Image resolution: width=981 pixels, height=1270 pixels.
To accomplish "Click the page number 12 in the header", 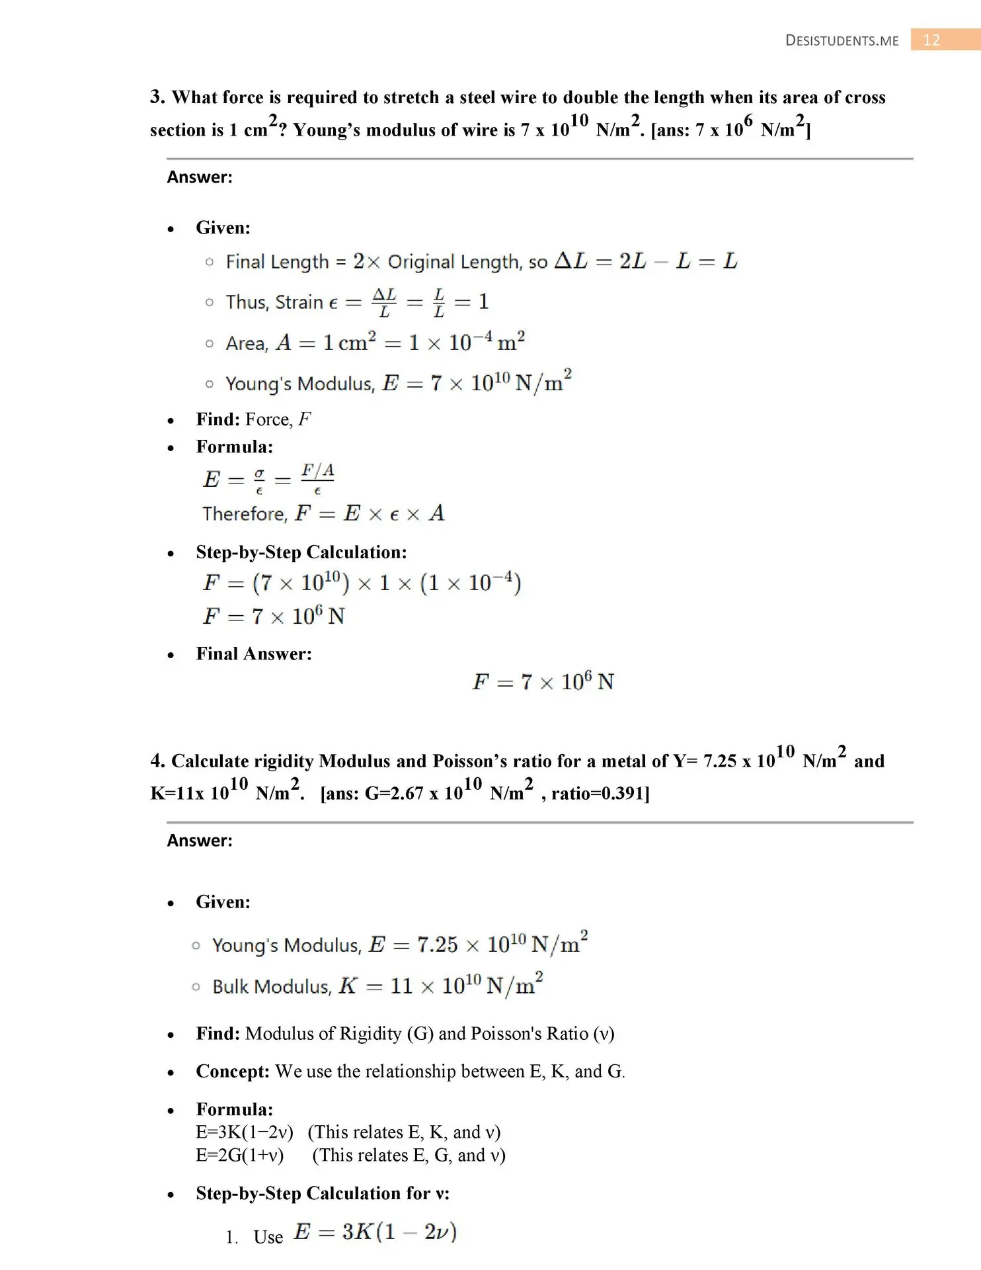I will [x=931, y=40].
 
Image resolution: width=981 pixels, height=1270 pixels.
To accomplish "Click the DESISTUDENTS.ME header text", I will [x=842, y=41].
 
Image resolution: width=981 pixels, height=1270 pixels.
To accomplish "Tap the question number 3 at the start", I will [x=157, y=97].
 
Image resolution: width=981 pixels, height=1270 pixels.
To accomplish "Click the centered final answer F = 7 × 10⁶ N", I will [x=543, y=681].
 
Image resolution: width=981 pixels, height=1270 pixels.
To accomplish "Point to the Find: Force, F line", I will [x=253, y=419].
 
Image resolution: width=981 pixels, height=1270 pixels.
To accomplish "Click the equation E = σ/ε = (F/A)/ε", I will [x=268, y=478].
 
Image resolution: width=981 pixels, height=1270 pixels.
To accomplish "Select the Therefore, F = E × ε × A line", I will [x=323, y=513].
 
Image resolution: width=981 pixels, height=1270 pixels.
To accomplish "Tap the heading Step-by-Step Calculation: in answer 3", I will [x=301, y=552].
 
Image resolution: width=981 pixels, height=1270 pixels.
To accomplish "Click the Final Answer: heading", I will [x=254, y=654].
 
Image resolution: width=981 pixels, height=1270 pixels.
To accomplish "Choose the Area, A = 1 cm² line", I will [x=375, y=343].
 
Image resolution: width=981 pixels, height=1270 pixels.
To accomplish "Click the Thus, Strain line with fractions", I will [x=357, y=302].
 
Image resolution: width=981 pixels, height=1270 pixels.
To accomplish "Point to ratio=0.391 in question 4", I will [x=600, y=793].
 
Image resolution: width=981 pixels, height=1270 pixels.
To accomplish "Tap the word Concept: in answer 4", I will [x=233, y=1072].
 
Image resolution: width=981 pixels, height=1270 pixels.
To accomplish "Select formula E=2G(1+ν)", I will [x=240, y=1156].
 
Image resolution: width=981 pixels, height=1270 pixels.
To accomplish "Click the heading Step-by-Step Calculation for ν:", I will [x=323, y=1193].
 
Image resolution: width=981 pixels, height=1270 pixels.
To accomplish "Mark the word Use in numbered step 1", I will [x=268, y=1237].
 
